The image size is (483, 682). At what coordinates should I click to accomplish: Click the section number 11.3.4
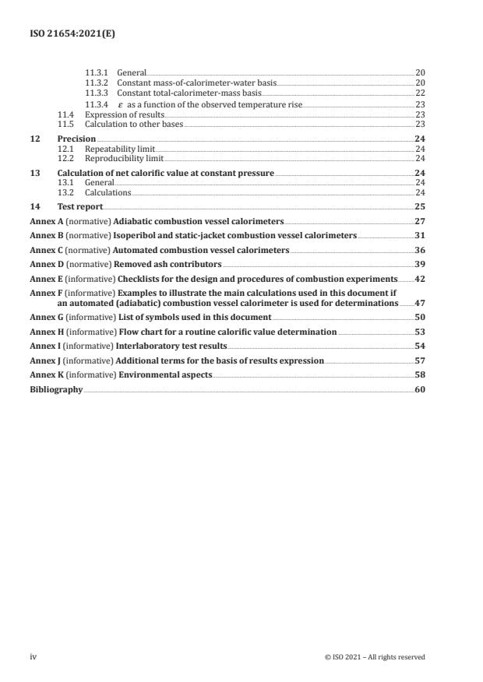(96, 104)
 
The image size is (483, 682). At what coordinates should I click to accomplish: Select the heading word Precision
(76, 139)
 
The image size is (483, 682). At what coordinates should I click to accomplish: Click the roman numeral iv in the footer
(33, 657)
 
